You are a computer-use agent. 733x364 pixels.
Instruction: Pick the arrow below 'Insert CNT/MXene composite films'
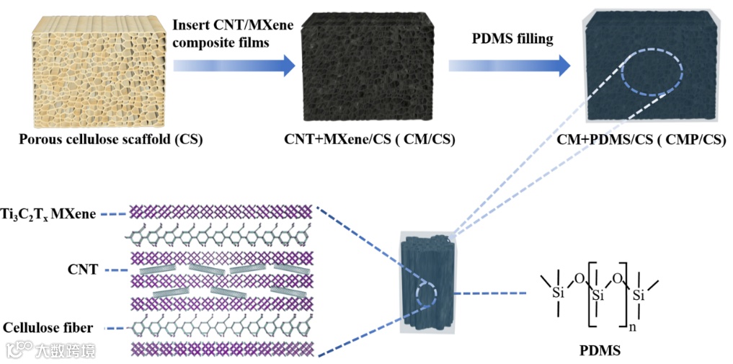tap(234, 66)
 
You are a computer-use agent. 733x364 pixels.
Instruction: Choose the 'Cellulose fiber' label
tap(48, 329)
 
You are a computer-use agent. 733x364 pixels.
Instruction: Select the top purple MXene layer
tap(219, 212)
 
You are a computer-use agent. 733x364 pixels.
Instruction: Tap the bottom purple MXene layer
tap(219, 349)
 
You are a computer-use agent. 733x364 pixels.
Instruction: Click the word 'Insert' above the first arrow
tap(189, 25)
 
